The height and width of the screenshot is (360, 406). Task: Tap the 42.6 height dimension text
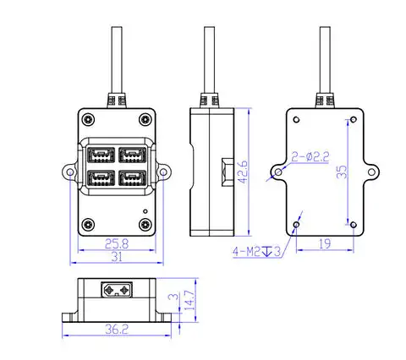(242, 174)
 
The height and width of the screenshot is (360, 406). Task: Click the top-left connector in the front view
(100, 155)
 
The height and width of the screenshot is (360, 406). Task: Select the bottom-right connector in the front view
(131, 178)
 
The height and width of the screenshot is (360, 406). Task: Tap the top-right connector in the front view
(131, 155)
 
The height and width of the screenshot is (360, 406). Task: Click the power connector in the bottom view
(116, 290)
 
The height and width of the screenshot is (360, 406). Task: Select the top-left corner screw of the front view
(86, 117)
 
